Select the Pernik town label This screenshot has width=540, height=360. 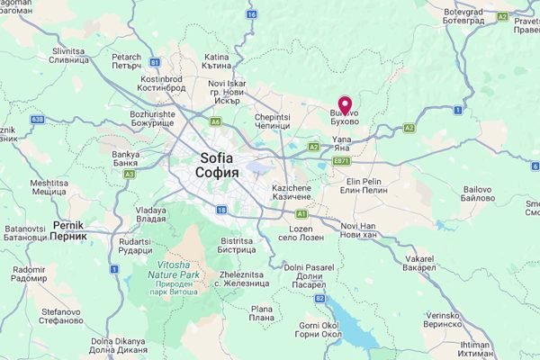pos(68,229)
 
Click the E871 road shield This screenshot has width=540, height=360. pos(341,161)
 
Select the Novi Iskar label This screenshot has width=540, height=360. pos(228,89)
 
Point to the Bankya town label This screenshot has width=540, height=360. pos(125,158)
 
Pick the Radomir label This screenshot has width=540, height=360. pos(29,274)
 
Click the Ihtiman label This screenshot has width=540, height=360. pos(474,349)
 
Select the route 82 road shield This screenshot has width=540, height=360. pos(320,297)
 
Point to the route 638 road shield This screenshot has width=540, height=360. pos(37,119)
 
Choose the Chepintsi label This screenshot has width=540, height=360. pos(272,121)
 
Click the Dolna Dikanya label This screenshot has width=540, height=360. pos(117,346)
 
